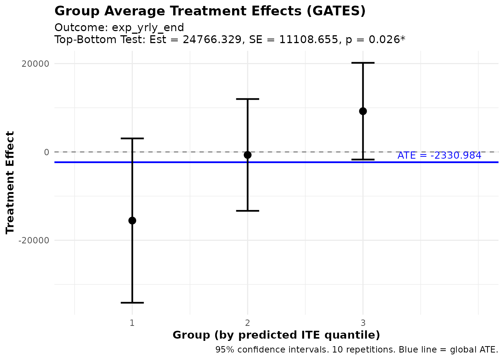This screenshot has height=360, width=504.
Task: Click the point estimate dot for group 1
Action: (x=132, y=220)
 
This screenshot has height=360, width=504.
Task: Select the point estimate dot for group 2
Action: (x=247, y=155)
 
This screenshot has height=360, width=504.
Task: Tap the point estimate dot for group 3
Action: (x=363, y=111)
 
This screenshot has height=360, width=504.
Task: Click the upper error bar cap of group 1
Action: (x=132, y=138)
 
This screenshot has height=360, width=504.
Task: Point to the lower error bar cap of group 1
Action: (x=132, y=303)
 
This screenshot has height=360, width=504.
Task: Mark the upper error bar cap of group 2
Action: (x=247, y=99)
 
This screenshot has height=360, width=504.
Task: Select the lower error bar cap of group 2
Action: (x=247, y=211)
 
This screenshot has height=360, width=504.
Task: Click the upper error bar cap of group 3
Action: (x=363, y=63)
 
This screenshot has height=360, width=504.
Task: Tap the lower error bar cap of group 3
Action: (x=363, y=160)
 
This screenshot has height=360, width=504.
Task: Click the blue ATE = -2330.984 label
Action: (x=439, y=155)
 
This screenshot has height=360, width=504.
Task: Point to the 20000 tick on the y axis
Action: (x=36, y=64)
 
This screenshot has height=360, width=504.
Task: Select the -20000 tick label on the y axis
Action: (x=34, y=240)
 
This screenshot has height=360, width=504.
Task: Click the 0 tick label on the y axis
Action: (x=46, y=152)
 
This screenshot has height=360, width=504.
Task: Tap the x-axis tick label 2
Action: (x=247, y=323)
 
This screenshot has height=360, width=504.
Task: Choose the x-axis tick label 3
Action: (x=363, y=323)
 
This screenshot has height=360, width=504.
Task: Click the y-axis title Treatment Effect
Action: (x=10, y=183)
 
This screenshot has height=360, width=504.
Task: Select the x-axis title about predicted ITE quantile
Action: (x=276, y=335)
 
